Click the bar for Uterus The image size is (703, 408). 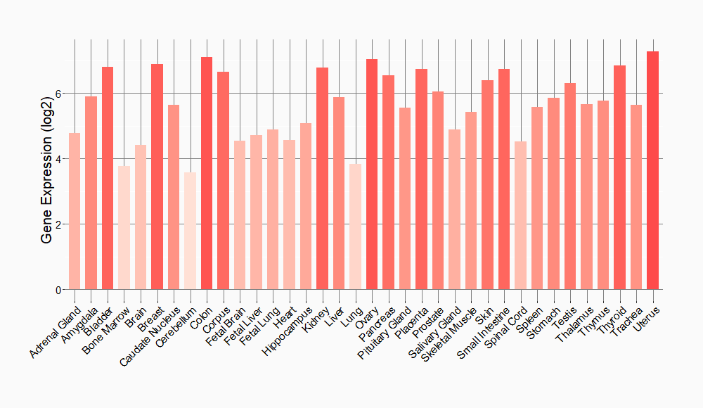pyautogui.click(x=652, y=170)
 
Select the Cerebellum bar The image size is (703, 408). pyautogui.click(x=190, y=231)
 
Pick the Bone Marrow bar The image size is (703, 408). pyautogui.click(x=124, y=228)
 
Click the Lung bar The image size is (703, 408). pyautogui.click(x=355, y=227)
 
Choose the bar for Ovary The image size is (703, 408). pyautogui.click(x=372, y=174)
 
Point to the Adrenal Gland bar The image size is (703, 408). pyautogui.click(x=75, y=211)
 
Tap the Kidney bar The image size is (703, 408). pyautogui.click(x=322, y=179)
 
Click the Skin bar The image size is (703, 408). pyautogui.click(x=487, y=185)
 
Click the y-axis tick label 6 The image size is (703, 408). pyautogui.click(x=59, y=94)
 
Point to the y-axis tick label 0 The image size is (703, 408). pyautogui.click(x=59, y=290)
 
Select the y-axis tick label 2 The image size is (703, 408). pyautogui.click(x=59, y=224)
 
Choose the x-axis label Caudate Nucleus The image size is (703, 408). pyautogui.click(x=150, y=336)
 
